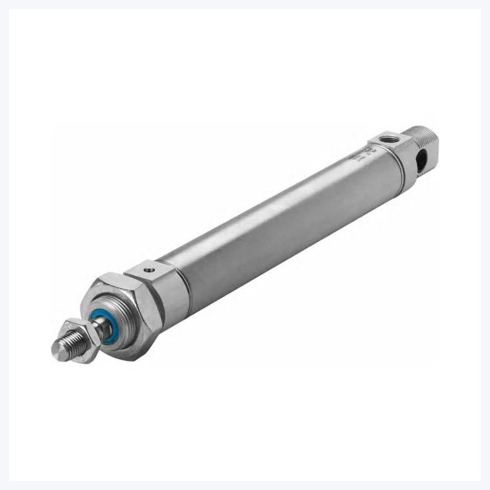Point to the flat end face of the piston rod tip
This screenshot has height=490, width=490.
pyautogui.click(x=58, y=350)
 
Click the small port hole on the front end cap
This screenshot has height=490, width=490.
pyautogui.click(x=149, y=265)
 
